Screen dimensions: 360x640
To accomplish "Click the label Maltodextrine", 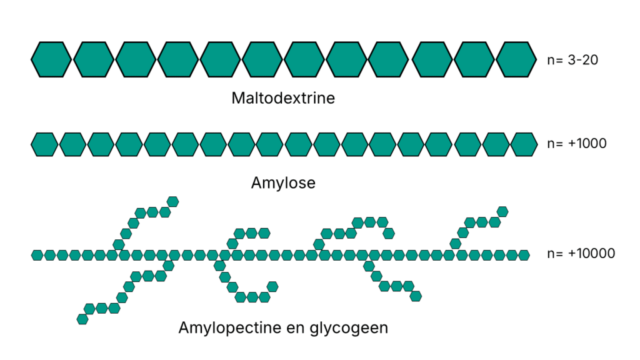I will click(282, 98).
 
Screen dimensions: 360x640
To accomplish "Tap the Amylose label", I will click(282, 183).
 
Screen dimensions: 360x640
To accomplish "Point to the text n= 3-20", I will click(573, 61).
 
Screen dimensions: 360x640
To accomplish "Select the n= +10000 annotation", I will click(581, 254).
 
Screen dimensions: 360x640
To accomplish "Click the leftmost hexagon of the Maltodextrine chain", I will click(51, 59).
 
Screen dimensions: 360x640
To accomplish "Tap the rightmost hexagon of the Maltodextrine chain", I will click(516, 59).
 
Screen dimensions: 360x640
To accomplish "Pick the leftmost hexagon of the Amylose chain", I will click(44, 144).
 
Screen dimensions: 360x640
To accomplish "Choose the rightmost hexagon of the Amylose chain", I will click(524, 144).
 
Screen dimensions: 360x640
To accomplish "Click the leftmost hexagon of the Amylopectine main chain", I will click(37, 255).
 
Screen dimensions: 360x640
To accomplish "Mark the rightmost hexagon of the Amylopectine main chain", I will click(524, 255).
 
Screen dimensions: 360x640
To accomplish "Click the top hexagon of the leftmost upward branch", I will click(173, 201).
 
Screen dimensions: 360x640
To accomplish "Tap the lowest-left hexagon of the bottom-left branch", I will click(82, 319).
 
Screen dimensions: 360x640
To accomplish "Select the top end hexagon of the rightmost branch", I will click(502, 211).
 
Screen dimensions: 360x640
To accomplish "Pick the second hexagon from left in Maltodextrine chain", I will click(94, 59).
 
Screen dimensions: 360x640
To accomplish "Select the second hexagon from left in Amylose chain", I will click(72, 144).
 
